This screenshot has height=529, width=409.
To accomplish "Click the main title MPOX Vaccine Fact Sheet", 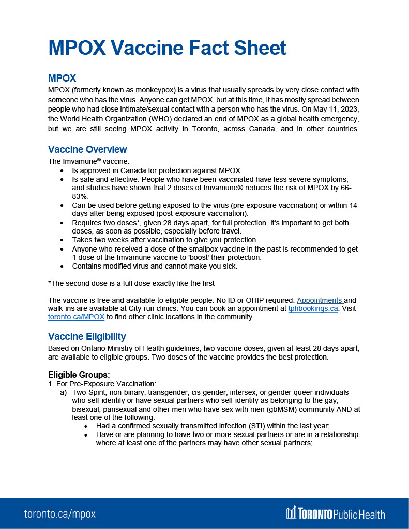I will point(167,48).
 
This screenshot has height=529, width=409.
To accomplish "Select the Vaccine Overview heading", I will point(87,150).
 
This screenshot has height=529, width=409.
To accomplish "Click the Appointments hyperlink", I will point(320,300).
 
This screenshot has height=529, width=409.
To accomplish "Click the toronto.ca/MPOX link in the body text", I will point(76,317).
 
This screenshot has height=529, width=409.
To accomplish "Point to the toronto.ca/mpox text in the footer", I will point(59,514).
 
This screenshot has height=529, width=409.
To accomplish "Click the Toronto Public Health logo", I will point(336,513).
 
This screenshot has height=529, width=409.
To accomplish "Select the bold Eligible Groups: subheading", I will point(79,375).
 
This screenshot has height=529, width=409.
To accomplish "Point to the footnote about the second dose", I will point(131,283).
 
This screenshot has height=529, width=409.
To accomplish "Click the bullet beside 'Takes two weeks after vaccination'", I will point(63,240).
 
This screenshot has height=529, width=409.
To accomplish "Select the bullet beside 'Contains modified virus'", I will point(63,267).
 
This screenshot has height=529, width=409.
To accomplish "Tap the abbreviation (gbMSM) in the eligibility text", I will point(309,409).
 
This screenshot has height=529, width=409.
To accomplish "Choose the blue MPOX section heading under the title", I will point(62,79).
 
